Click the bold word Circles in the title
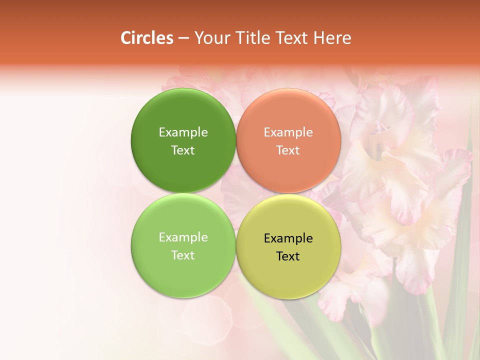coord(147,38)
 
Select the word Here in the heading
coord(332,38)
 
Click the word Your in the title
coord(212,38)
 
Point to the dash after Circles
coord(183,38)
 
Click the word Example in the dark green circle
coord(183,132)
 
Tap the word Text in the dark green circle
coord(183,150)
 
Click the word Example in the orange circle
coord(288,132)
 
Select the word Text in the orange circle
coord(288,150)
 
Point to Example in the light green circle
coord(183,237)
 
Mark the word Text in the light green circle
coord(183,255)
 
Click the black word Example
coord(288,238)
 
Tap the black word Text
coord(288,256)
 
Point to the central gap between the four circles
coord(236,193)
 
